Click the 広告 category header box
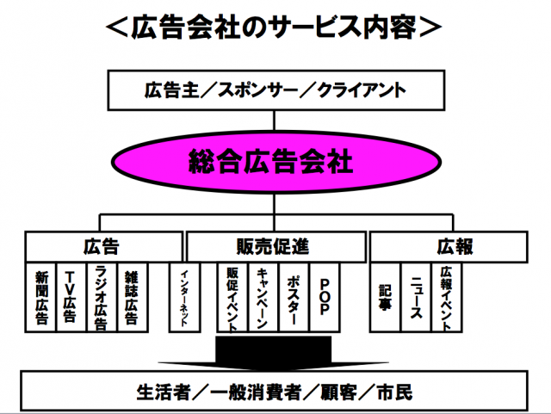point(101,246)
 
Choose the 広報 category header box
point(448,246)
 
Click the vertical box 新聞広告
point(41,298)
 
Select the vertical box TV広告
point(71,298)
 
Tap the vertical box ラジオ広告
point(100,298)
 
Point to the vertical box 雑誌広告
point(131,298)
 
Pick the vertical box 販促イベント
point(232,298)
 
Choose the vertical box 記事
point(385,298)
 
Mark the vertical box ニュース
point(415,298)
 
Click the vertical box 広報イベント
point(445,298)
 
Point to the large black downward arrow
point(273,352)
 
